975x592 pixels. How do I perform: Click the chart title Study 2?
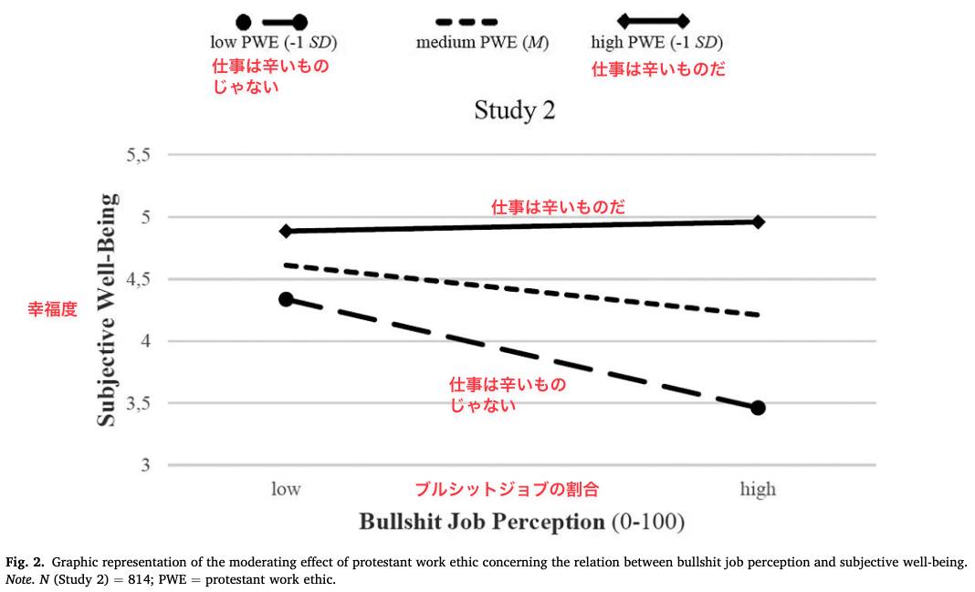coord(514,110)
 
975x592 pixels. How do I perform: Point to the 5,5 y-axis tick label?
coord(139,155)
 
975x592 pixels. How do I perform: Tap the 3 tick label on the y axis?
coord(145,464)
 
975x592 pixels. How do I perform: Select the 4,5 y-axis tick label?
coord(139,279)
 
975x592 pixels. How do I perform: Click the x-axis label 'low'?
coord(286,489)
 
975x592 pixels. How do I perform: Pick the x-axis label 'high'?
coord(758,490)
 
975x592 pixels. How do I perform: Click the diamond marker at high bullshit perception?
coord(758,222)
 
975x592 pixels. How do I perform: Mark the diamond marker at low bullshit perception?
coord(286,231)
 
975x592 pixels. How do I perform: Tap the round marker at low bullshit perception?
coord(286,299)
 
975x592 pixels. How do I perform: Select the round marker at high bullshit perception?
coord(758,408)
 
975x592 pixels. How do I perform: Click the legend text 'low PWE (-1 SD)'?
coord(274,42)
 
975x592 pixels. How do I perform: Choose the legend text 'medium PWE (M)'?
coord(483,42)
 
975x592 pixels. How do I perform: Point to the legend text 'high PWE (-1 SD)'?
coord(657,42)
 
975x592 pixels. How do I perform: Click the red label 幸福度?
coord(52,308)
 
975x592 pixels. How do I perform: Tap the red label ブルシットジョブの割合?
coord(507,490)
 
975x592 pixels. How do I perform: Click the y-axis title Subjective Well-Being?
coord(106,310)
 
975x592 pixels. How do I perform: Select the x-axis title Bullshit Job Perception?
coord(482,522)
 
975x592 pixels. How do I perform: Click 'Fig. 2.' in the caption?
coord(26,563)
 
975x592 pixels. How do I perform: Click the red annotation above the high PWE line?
coord(558,207)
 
